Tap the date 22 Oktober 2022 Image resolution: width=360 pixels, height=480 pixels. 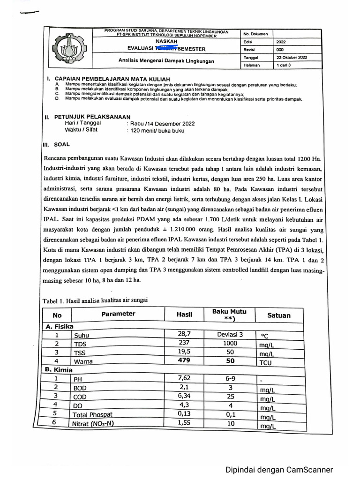pyautogui.click(x=292, y=57)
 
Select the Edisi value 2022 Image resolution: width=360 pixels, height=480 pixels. pyautogui.click(x=281, y=42)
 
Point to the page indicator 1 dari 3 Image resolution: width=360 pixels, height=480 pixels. pyautogui.click(x=284, y=65)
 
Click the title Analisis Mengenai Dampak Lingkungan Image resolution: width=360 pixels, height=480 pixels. pyautogui.click(x=166, y=61)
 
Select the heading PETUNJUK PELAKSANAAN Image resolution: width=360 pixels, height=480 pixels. pyautogui.click(x=92, y=117)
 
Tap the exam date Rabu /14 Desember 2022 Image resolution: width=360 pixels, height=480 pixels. pyautogui.click(x=161, y=124)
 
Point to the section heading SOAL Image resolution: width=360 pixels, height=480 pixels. pyautogui.click(x=62, y=145)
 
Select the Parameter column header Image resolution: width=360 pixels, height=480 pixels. pyautogui.click(x=118, y=314)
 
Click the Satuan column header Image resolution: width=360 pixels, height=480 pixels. pyautogui.click(x=278, y=315)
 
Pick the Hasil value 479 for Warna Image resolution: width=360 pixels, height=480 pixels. pyautogui.click(x=184, y=361)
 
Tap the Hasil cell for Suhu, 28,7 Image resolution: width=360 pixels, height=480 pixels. pyautogui.click(x=184, y=334)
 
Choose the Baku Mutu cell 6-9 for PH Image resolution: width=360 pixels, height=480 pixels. pyautogui.click(x=230, y=378)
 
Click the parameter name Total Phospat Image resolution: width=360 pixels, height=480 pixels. pyautogui.click(x=92, y=414)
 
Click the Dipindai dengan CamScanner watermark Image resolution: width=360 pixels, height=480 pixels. pyautogui.click(x=279, y=470)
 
